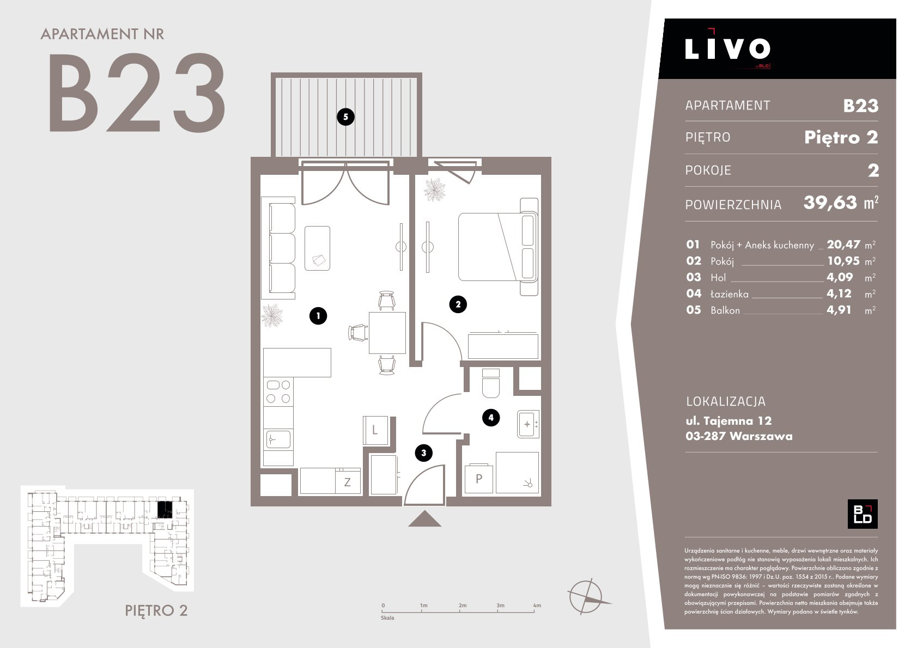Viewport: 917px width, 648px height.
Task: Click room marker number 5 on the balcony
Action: [345, 117]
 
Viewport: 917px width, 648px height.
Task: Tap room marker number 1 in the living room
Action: [318, 316]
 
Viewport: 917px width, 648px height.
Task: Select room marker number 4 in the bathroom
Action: [491, 418]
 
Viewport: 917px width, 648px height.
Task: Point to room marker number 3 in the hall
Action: [424, 453]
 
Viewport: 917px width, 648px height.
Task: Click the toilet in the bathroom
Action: [491, 383]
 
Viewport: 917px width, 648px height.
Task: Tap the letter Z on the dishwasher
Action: [347, 482]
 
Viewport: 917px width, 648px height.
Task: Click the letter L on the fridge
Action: [374, 430]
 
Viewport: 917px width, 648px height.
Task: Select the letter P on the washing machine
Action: [478, 479]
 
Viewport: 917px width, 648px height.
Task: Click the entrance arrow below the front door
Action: [424, 518]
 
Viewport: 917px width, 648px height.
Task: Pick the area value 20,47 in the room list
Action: [843, 244]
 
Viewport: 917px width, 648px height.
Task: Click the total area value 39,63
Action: [830, 203]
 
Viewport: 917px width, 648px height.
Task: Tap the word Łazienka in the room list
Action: [729, 294]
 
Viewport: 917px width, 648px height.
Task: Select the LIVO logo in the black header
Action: [727, 48]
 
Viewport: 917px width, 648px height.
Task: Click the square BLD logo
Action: [863, 514]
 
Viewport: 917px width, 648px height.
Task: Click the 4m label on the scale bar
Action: [537, 605]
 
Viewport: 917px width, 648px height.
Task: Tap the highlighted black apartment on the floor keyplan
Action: [165, 509]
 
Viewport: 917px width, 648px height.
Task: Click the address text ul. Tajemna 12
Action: [728, 420]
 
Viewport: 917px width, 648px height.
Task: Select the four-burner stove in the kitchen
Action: [278, 392]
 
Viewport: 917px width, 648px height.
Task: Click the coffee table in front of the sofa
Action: [317, 248]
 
